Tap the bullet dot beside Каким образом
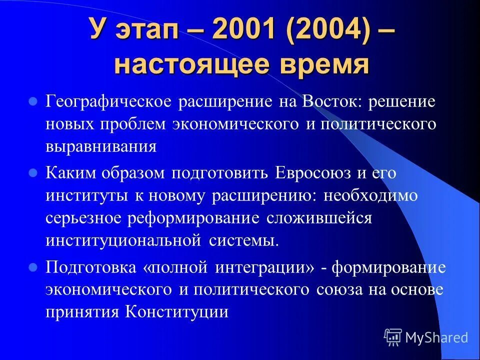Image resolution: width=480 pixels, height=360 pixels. tap(33, 172)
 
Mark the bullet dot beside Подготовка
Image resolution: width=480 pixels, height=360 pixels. tap(33, 267)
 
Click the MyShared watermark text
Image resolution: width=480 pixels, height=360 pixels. tap(436, 337)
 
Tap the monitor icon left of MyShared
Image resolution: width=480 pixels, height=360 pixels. tap(393, 337)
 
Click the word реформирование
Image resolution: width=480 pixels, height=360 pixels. tap(194, 218)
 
